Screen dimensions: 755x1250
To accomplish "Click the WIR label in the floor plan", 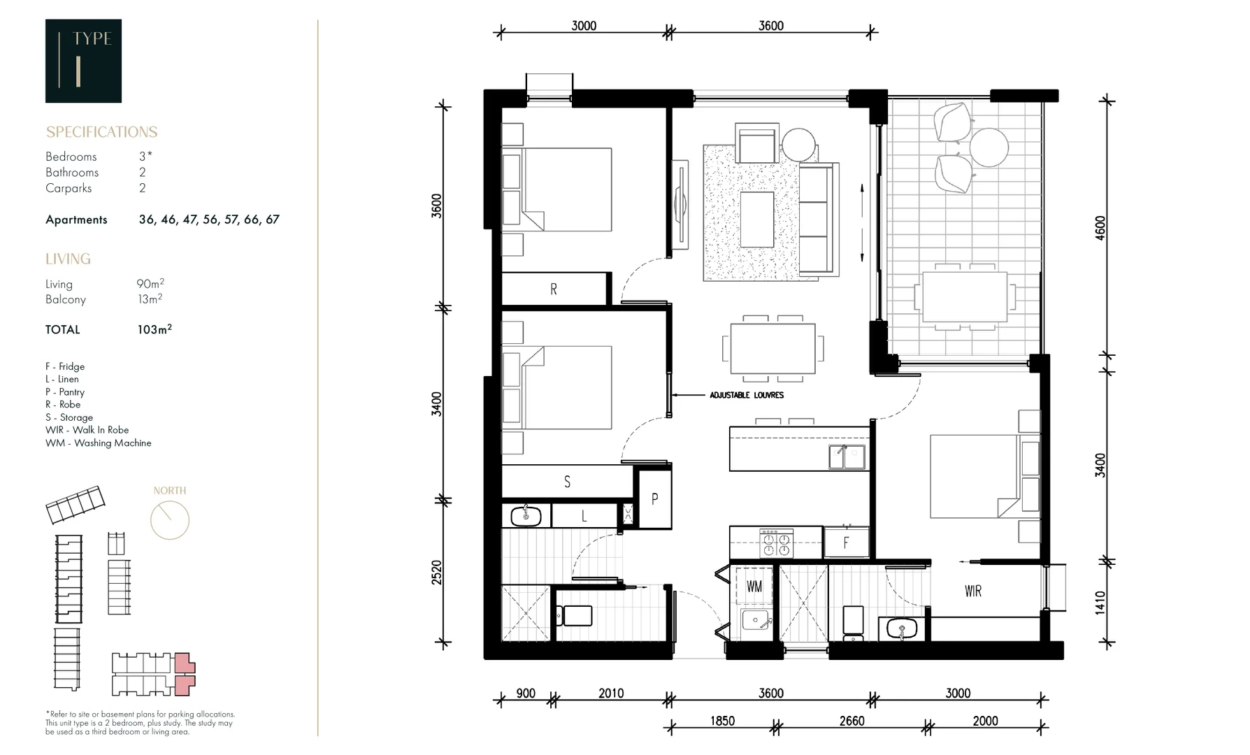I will coord(972,591).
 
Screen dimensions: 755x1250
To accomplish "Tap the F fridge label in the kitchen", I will coord(846,543).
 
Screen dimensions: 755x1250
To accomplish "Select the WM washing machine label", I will coord(754,587).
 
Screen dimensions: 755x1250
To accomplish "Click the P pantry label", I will coord(654,499).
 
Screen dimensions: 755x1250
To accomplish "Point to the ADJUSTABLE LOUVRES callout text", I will coord(747,395).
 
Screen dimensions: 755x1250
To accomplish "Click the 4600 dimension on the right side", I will coord(1100,228).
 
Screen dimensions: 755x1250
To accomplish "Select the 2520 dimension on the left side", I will coord(437,572).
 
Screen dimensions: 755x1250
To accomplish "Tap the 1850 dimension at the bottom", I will coord(722,721).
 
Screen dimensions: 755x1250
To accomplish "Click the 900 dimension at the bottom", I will coord(526,693).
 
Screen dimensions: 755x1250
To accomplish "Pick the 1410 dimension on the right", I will coord(1100,603).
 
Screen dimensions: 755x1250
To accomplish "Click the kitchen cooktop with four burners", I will coord(776,543).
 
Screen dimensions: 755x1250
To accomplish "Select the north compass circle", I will coord(170,520).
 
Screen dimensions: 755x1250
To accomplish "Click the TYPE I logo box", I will coord(83,61).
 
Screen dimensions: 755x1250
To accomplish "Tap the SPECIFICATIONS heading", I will coord(101,132).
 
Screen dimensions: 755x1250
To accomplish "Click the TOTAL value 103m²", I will coord(155,329).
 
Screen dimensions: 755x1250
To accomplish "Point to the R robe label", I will coord(554,289).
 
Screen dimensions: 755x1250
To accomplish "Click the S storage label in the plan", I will coord(567,482).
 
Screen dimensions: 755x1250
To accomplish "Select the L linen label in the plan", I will coord(584,517).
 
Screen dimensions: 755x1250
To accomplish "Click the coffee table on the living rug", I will coord(756,220).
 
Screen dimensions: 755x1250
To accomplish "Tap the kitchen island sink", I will coord(847,456).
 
